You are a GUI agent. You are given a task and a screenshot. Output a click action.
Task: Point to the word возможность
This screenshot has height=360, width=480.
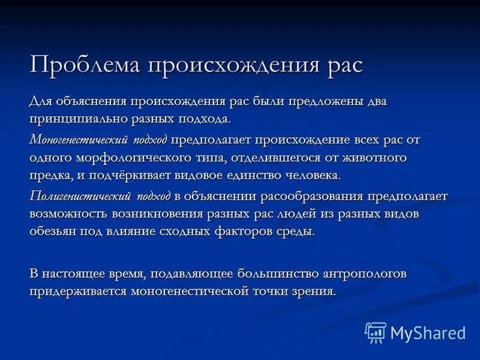click(x=71, y=214)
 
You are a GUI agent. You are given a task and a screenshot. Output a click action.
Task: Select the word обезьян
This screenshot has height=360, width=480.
click(x=53, y=232)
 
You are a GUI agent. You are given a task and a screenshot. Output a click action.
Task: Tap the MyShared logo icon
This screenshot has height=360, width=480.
click(x=376, y=332)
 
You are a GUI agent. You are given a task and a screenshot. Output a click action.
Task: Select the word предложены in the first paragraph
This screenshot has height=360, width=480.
click(x=327, y=101)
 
